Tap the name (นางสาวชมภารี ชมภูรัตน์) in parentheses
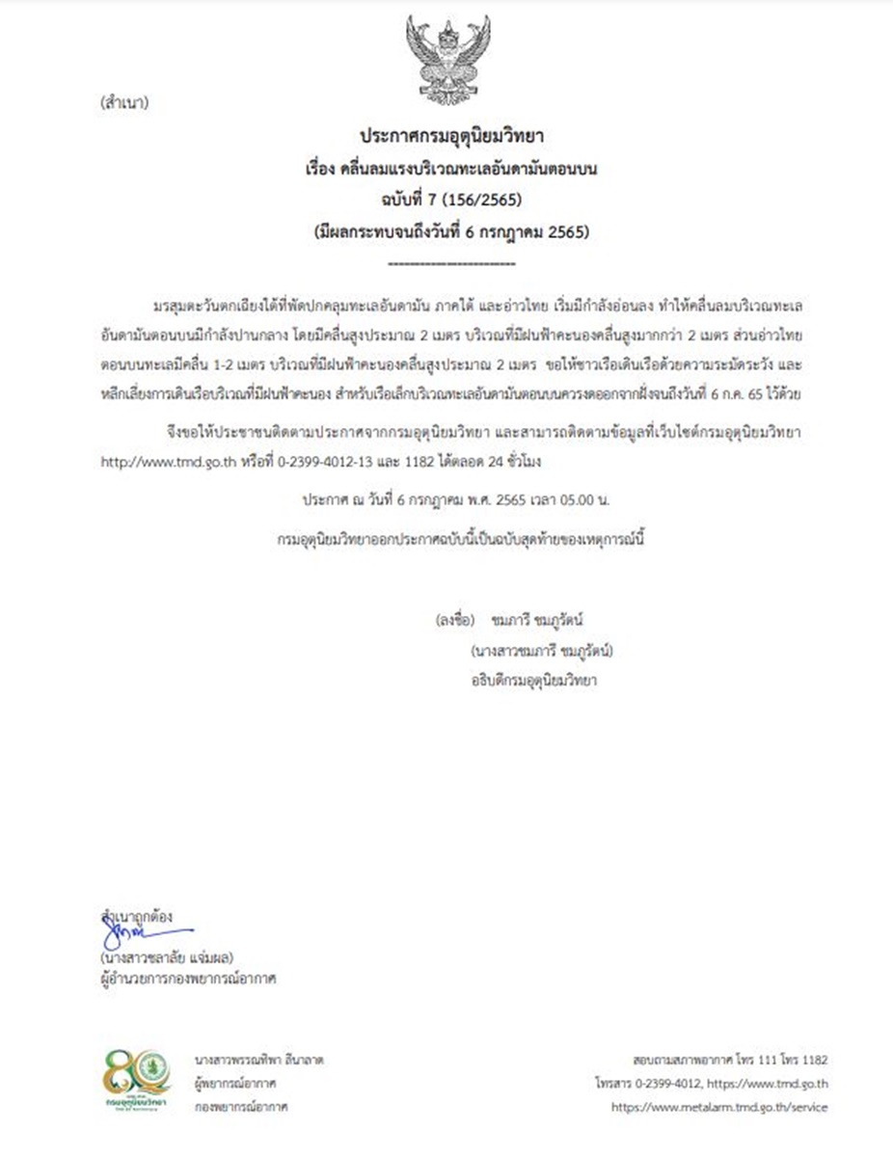543,650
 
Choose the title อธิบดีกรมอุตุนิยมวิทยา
528,681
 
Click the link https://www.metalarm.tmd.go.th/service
718,1107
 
